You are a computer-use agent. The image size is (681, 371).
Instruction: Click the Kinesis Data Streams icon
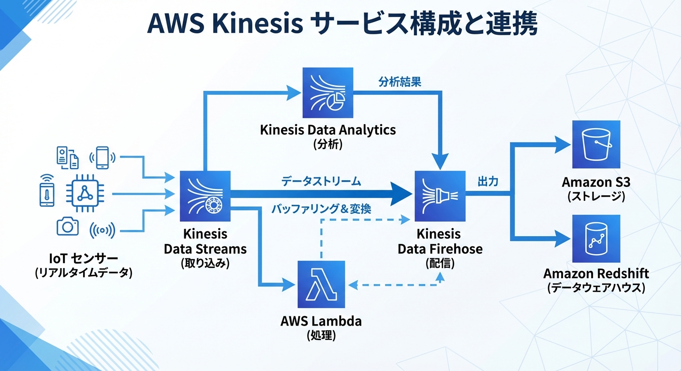point(205,196)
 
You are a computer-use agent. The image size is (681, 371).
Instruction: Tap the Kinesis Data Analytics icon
point(327,93)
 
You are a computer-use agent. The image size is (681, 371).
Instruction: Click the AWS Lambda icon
point(321,285)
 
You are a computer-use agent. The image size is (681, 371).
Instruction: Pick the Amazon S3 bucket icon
point(596,144)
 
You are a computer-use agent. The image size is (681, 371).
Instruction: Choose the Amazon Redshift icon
point(596,238)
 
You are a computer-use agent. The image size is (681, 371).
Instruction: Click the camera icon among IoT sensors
point(67,226)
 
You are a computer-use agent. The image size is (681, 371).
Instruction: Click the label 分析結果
point(400,82)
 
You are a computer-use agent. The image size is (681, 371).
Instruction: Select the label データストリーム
point(321,182)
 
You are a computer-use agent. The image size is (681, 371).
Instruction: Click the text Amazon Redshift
point(596,273)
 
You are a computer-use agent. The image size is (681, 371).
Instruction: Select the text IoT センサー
point(83,257)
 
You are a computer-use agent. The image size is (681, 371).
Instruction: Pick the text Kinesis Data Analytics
point(327,129)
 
